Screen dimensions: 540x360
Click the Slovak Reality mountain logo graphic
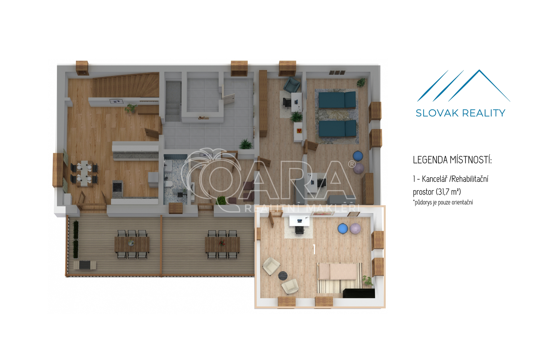(x=463, y=86)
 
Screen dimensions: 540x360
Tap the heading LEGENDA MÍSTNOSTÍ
(x=452, y=160)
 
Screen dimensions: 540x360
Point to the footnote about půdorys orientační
(x=443, y=202)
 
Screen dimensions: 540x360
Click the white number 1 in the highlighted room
(x=314, y=249)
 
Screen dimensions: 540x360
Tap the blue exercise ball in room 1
(x=343, y=229)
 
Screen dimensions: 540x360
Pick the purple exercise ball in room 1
(x=355, y=228)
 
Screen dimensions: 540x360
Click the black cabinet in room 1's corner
(x=359, y=293)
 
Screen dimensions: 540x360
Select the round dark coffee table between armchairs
(x=283, y=276)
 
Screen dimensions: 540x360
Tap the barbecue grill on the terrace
(x=85, y=265)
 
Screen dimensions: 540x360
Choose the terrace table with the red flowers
(x=222, y=244)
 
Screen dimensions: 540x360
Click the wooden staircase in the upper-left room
(x=126, y=85)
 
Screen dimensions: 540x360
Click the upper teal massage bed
(x=337, y=100)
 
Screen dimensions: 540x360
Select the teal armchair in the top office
(x=292, y=84)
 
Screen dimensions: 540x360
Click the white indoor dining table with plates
(x=84, y=173)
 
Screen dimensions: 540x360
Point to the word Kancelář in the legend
(x=434, y=179)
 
